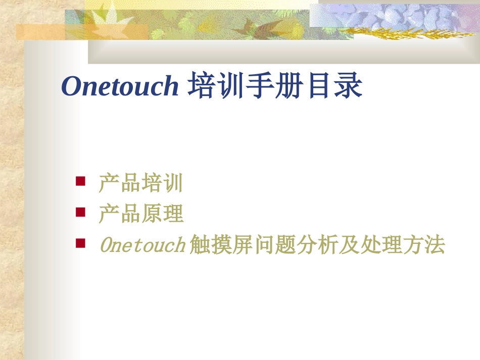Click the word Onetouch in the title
tap(120, 86)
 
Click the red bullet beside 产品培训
tap(80, 181)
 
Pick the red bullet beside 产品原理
tap(80, 212)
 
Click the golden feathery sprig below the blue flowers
tap(404, 34)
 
